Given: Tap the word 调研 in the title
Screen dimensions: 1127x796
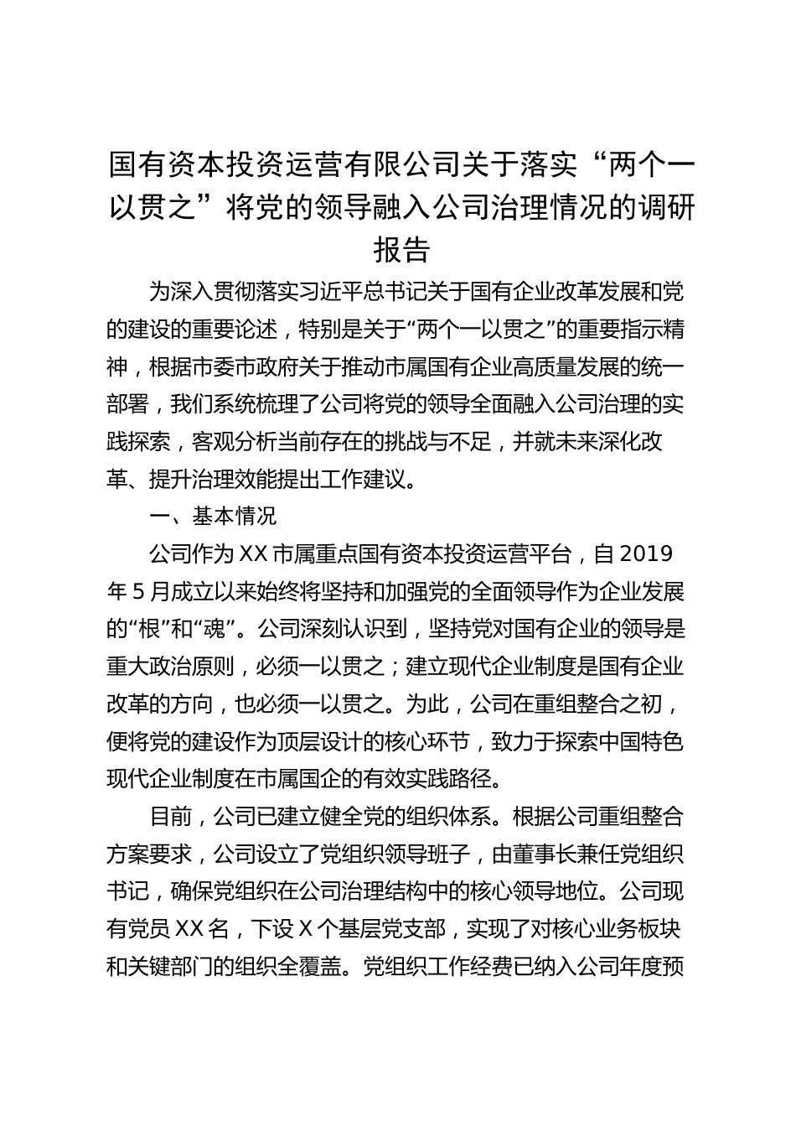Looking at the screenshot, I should [x=665, y=208].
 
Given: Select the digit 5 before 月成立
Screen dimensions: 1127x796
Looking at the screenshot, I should [x=140, y=592].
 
